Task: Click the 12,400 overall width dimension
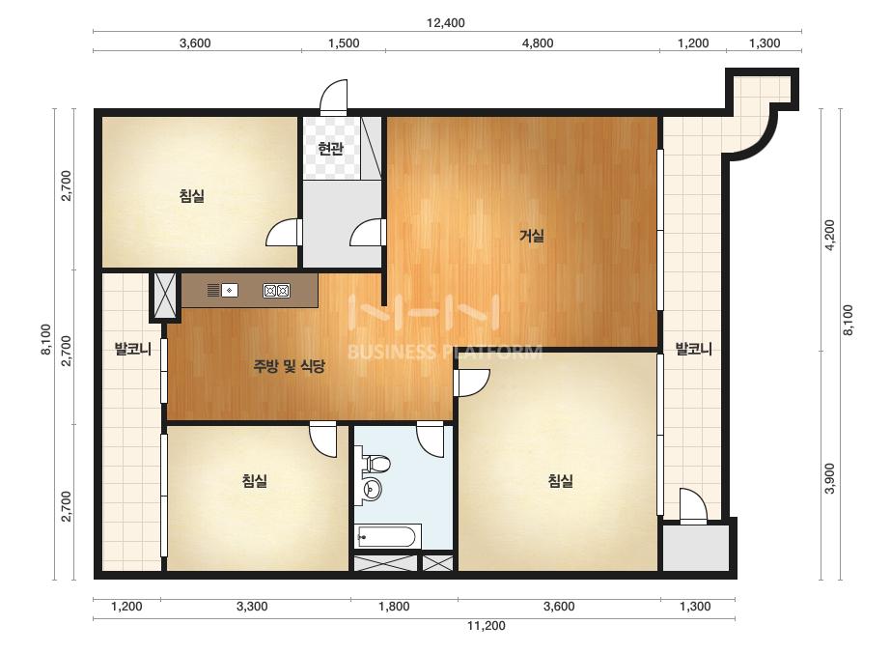(x=446, y=23)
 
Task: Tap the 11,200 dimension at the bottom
(x=487, y=626)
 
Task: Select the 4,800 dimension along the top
(x=538, y=43)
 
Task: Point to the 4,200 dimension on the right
(x=830, y=235)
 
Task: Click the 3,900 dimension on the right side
(x=830, y=478)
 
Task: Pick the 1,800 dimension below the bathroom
(x=394, y=607)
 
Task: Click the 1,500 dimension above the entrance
(x=344, y=43)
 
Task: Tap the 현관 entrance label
(x=331, y=149)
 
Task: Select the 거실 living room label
(x=532, y=235)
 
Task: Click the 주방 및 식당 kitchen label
(x=289, y=366)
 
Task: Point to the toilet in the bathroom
(x=376, y=464)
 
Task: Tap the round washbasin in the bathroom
(x=373, y=488)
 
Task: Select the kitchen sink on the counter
(x=229, y=290)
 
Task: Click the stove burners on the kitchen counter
(x=277, y=291)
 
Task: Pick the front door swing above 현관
(x=333, y=97)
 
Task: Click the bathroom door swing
(x=431, y=440)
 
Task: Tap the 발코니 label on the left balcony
(x=133, y=349)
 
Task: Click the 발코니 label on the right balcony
(x=693, y=349)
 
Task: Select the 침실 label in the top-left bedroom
(x=192, y=196)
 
